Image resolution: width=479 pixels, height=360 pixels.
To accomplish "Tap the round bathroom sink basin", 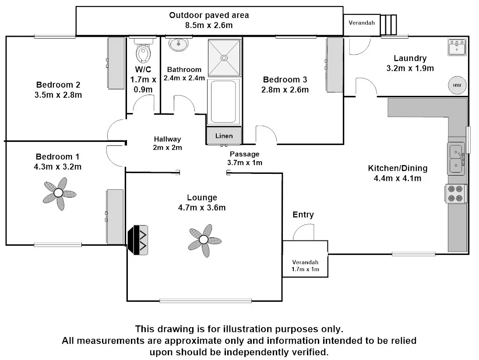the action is pyautogui.click(x=178, y=45).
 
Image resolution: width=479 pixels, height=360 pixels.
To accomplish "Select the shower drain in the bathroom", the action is pyautogui.click(x=224, y=58).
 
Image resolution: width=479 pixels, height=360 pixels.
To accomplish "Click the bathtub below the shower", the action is pyautogui.click(x=223, y=102).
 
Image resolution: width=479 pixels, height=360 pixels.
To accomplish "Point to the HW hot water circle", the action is pyautogui.click(x=457, y=85).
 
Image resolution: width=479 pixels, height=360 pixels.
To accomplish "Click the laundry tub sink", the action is pyautogui.click(x=457, y=47).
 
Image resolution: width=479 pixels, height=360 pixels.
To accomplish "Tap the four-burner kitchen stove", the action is pyautogui.click(x=455, y=194).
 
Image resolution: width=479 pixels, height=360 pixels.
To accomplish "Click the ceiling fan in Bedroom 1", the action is pyautogui.click(x=59, y=194).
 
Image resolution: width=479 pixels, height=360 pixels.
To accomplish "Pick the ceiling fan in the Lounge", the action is pyautogui.click(x=204, y=240).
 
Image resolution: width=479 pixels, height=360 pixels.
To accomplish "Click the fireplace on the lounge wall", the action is pyautogui.click(x=138, y=240).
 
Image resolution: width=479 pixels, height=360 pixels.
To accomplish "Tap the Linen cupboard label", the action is pyautogui.click(x=224, y=136).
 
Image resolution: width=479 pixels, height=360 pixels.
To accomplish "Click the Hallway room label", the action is pyautogui.click(x=167, y=139).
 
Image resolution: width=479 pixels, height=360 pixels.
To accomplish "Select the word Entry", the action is pyautogui.click(x=303, y=215).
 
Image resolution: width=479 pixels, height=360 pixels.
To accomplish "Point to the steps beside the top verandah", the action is pyautogui.click(x=388, y=25).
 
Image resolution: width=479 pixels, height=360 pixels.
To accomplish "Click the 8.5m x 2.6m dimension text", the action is pyautogui.click(x=209, y=25).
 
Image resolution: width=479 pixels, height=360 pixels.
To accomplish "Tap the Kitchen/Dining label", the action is pyautogui.click(x=398, y=168).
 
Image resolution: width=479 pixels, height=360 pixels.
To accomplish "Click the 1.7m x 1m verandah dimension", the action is pyautogui.click(x=305, y=269).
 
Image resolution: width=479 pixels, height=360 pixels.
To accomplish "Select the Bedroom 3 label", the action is pyautogui.click(x=285, y=80).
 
